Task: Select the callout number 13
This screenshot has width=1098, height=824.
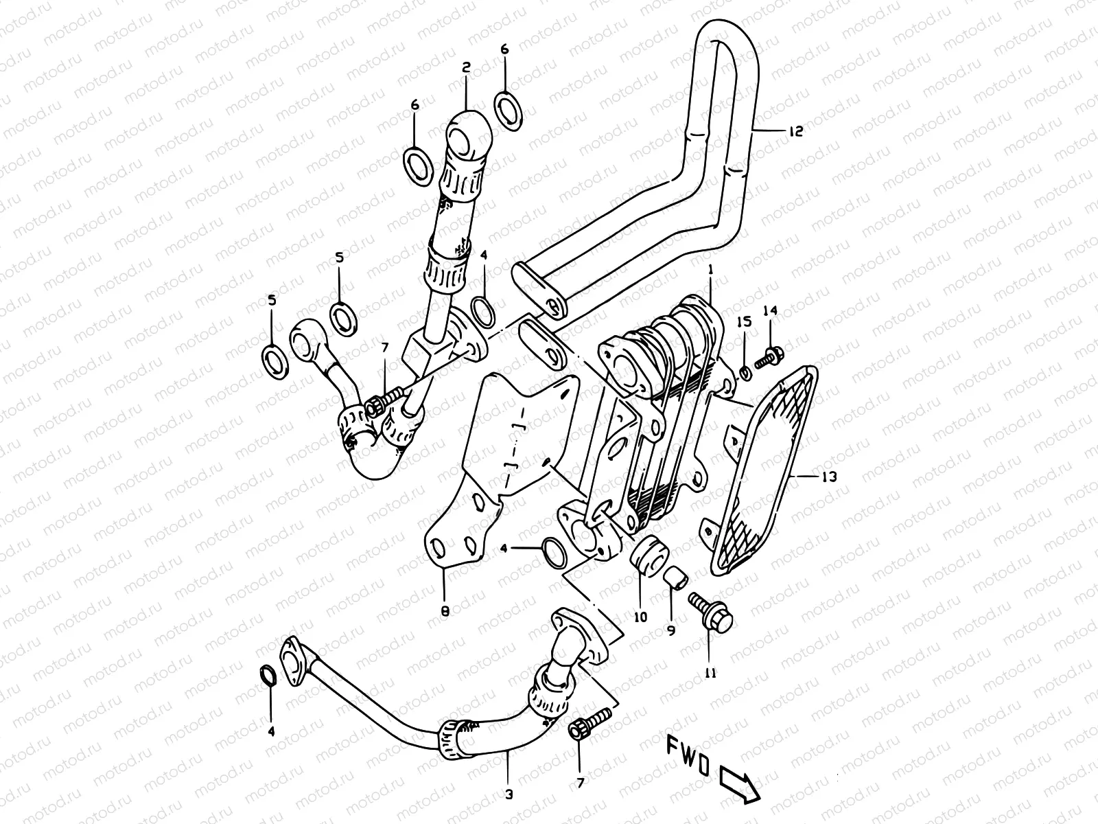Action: click(829, 476)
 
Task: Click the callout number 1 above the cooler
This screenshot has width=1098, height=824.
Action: click(711, 271)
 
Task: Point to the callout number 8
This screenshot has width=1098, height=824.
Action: click(445, 610)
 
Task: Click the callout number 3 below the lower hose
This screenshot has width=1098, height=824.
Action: click(509, 794)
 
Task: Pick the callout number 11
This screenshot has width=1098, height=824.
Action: click(710, 674)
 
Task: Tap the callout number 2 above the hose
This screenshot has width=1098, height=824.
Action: click(465, 67)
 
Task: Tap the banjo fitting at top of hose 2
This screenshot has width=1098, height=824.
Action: click(467, 141)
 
